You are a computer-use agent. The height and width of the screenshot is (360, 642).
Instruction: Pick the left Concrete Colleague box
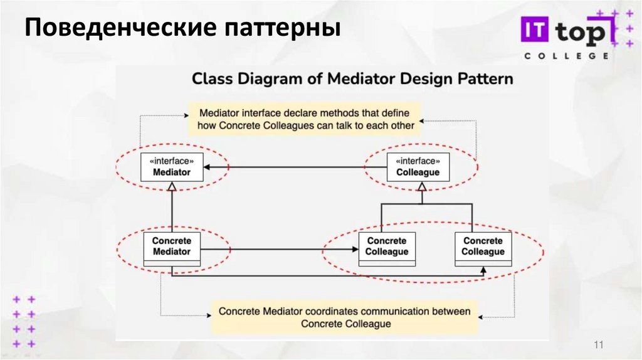pos(387,247)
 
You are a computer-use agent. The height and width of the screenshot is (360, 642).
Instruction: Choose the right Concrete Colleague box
pos(483,247)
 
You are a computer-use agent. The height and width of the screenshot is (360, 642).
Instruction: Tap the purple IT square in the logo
pos(534,29)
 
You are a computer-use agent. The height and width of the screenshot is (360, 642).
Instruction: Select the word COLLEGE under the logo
pos(566,56)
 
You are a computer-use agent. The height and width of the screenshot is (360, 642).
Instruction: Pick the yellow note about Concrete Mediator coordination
pos(344,317)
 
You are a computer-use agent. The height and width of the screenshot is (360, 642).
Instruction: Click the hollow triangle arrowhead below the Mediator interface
pos(171,186)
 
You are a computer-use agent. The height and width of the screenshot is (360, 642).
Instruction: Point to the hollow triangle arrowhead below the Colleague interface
pos(422,186)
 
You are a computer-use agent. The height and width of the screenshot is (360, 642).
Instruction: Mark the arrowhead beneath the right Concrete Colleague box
pos(483,270)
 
